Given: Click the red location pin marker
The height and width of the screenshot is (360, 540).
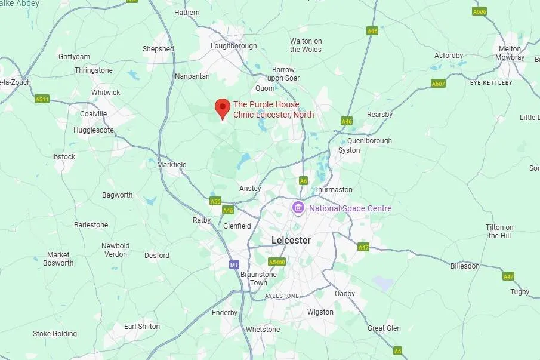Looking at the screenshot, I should [223, 108].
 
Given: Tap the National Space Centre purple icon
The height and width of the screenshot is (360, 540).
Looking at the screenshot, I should [298, 208].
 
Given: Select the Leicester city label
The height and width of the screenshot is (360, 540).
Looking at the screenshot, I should [291, 240].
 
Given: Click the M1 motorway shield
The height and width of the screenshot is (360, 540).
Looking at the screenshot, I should [234, 264].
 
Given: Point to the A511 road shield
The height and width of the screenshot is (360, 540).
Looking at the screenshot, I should [42, 99].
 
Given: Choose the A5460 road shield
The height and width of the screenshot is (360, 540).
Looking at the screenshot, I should [277, 262].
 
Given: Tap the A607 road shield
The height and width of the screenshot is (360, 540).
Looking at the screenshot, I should [439, 84].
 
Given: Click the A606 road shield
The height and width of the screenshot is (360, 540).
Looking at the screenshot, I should [479, 11].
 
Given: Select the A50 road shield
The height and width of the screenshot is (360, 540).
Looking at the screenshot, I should [215, 201].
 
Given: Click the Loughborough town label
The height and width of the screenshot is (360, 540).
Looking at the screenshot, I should [234, 46].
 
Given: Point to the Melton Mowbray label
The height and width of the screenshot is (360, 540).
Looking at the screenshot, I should [511, 53].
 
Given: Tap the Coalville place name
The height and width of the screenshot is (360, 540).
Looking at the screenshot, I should [94, 114].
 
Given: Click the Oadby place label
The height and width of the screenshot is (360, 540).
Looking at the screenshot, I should [345, 294].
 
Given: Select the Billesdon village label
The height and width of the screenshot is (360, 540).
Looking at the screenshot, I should [465, 266].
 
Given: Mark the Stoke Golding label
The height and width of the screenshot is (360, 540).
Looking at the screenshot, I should [55, 334].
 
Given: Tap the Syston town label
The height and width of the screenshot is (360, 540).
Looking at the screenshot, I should [349, 150].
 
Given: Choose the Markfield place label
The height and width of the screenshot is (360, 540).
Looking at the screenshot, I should [172, 165].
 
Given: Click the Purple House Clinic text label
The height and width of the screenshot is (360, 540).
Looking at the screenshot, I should [273, 110].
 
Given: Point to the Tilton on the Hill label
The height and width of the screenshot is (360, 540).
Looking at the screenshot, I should [499, 232].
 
